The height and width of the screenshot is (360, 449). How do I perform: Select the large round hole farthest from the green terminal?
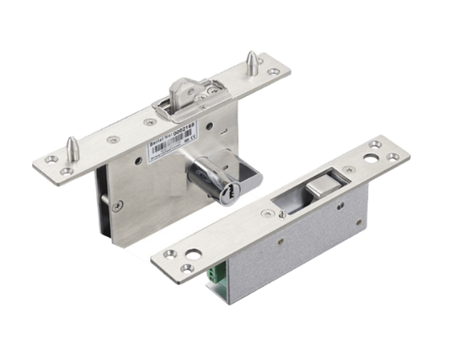373,157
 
